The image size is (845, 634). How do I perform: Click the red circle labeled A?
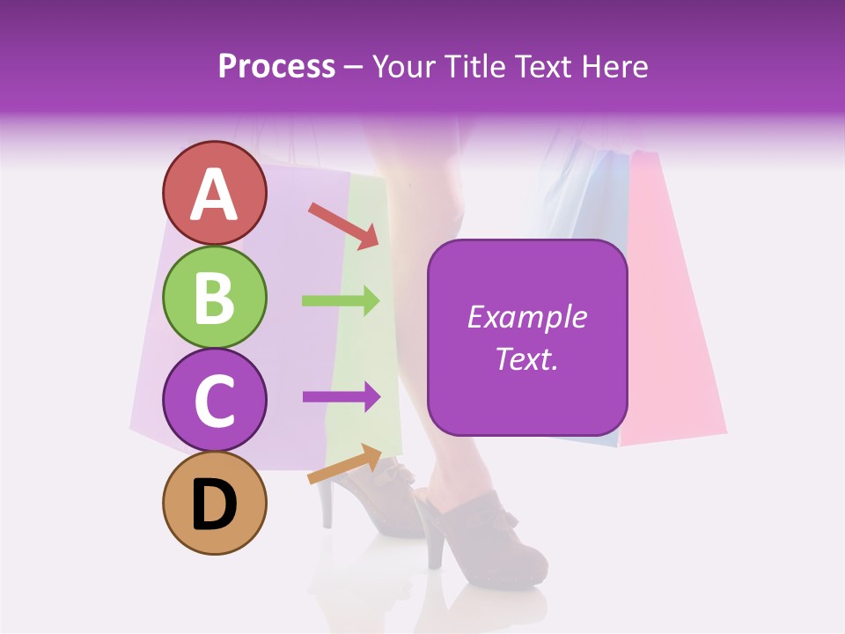click(x=214, y=193)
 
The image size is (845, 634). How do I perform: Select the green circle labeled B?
click(x=214, y=297)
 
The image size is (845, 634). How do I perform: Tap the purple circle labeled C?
click(x=214, y=401)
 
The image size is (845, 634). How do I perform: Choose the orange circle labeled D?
click(x=214, y=504)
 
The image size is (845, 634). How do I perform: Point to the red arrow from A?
click(x=343, y=225)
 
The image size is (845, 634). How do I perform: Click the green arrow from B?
click(x=341, y=301)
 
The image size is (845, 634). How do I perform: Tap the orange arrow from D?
click(x=344, y=464)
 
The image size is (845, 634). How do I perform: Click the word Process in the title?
click(x=276, y=67)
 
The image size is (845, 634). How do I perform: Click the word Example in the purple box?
click(x=527, y=317)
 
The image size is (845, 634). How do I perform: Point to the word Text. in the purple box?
click(x=527, y=358)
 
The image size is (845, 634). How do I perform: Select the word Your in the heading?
click(x=406, y=67)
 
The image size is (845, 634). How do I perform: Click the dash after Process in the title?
click(x=354, y=68)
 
